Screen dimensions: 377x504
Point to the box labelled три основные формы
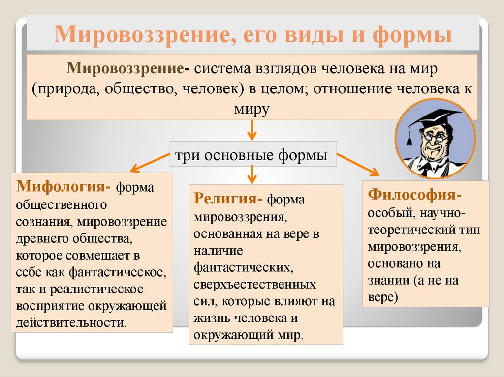tap(252, 155)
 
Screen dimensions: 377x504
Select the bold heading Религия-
tap(228, 200)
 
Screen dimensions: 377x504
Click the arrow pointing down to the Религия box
tap(252, 174)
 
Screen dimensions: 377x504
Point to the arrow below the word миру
tap(252, 129)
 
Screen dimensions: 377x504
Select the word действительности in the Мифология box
tap(67, 323)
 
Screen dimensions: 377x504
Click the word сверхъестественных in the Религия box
tap(255, 285)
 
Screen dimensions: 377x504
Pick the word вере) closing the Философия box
tap(383, 297)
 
